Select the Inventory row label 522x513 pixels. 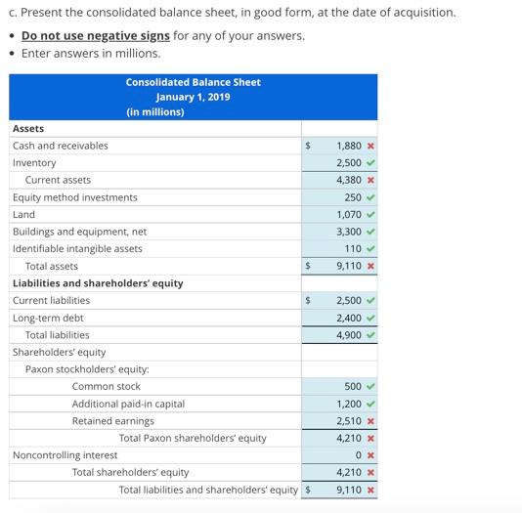(x=34, y=163)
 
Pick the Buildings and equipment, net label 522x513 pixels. (x=79, y=232)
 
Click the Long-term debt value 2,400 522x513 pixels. (x=349, y=318)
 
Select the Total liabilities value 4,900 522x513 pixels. (x=349, y=335)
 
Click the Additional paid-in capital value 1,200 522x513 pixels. (x=349, y=404)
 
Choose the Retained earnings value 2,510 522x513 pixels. (x=349, y=421)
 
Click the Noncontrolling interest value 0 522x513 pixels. (x=359, y=455)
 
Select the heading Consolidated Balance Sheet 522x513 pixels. (x=193, y=82)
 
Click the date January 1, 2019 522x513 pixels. (x=193, y=97)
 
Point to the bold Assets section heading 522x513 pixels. (x=28, y=128)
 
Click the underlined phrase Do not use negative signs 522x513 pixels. (x=96, y=36)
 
